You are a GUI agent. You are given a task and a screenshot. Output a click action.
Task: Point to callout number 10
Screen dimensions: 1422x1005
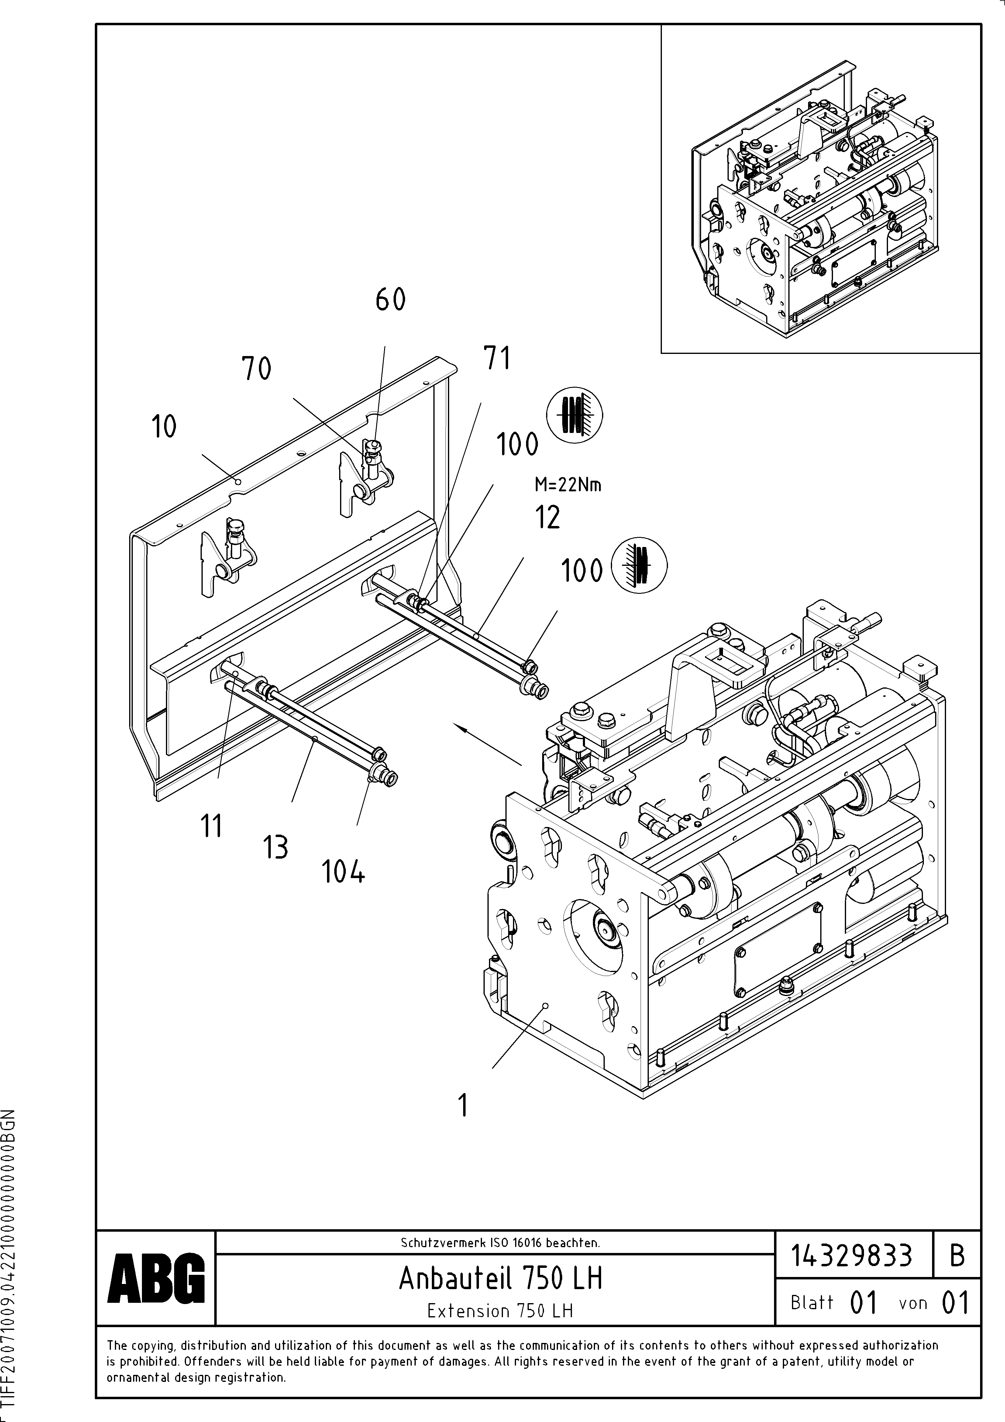tap(164, 427)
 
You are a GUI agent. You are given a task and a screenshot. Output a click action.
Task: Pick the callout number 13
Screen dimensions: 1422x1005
tap(276, 847)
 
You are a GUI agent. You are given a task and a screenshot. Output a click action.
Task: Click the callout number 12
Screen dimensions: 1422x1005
tap(547, 517)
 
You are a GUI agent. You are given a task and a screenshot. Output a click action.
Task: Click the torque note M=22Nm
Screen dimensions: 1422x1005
tap(568, 485)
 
